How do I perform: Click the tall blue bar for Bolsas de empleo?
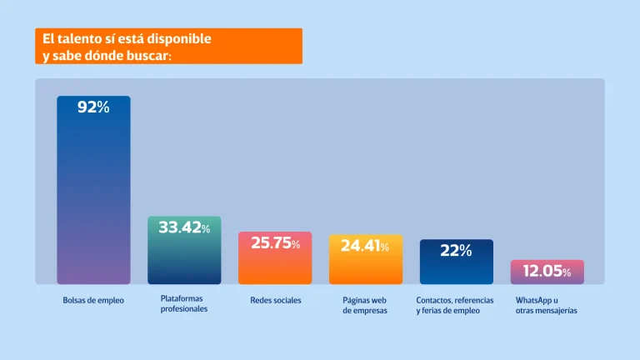tap(93, 200)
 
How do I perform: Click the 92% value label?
tap(93, 107)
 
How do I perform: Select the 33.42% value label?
tap(184, 227)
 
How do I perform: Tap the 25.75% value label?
tap(275, 243)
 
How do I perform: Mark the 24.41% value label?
tap(365, 247)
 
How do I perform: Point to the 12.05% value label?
tap(547, 272)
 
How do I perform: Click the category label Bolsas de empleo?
tap(93, 300)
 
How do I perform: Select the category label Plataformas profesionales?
tap(183, 303)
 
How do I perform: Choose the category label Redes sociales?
tap(276, 300)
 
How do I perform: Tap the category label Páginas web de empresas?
tap(365, 305)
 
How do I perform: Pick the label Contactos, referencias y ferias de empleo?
tap(455, 305)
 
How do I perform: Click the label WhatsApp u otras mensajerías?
tap(546, 305)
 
